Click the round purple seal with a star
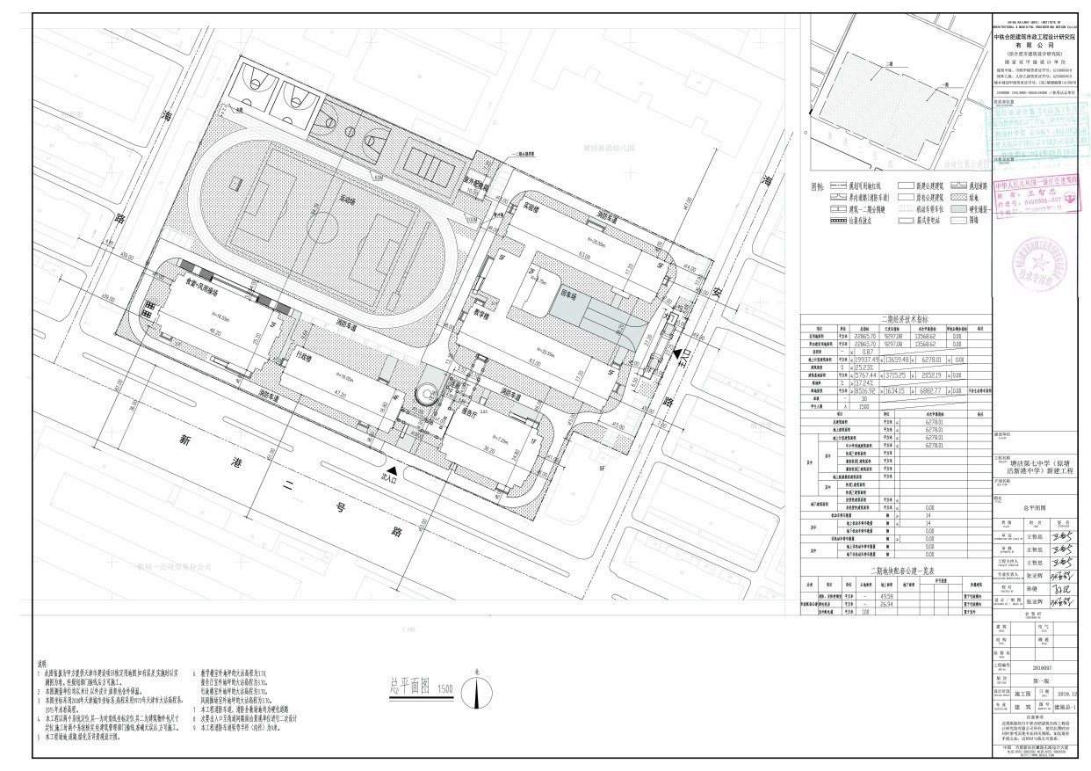tap(1039, 264)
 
